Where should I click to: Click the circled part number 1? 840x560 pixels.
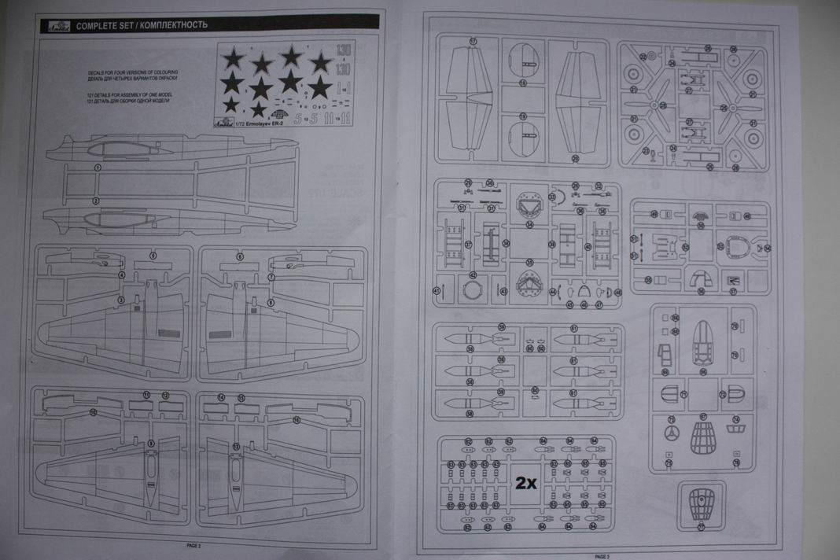pos(98,168)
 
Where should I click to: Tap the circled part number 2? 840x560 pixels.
pos(96,201)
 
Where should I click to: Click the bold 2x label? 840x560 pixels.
pos(525,483)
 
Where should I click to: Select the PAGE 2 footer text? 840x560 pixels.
pos(193,545)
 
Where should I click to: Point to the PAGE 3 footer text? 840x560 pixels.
pos(602,556)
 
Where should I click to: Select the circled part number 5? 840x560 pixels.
pos(153,256)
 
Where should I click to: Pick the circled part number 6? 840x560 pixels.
pos(240,256)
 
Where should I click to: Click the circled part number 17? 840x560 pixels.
pos(473,40)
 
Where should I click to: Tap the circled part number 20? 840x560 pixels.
pos(575,159)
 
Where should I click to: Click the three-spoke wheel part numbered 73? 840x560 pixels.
pos(671,433)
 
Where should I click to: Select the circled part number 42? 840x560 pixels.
pos(473,274)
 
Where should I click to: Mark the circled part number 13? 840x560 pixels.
pos(236,447)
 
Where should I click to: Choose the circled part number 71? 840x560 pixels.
pos(683,394)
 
